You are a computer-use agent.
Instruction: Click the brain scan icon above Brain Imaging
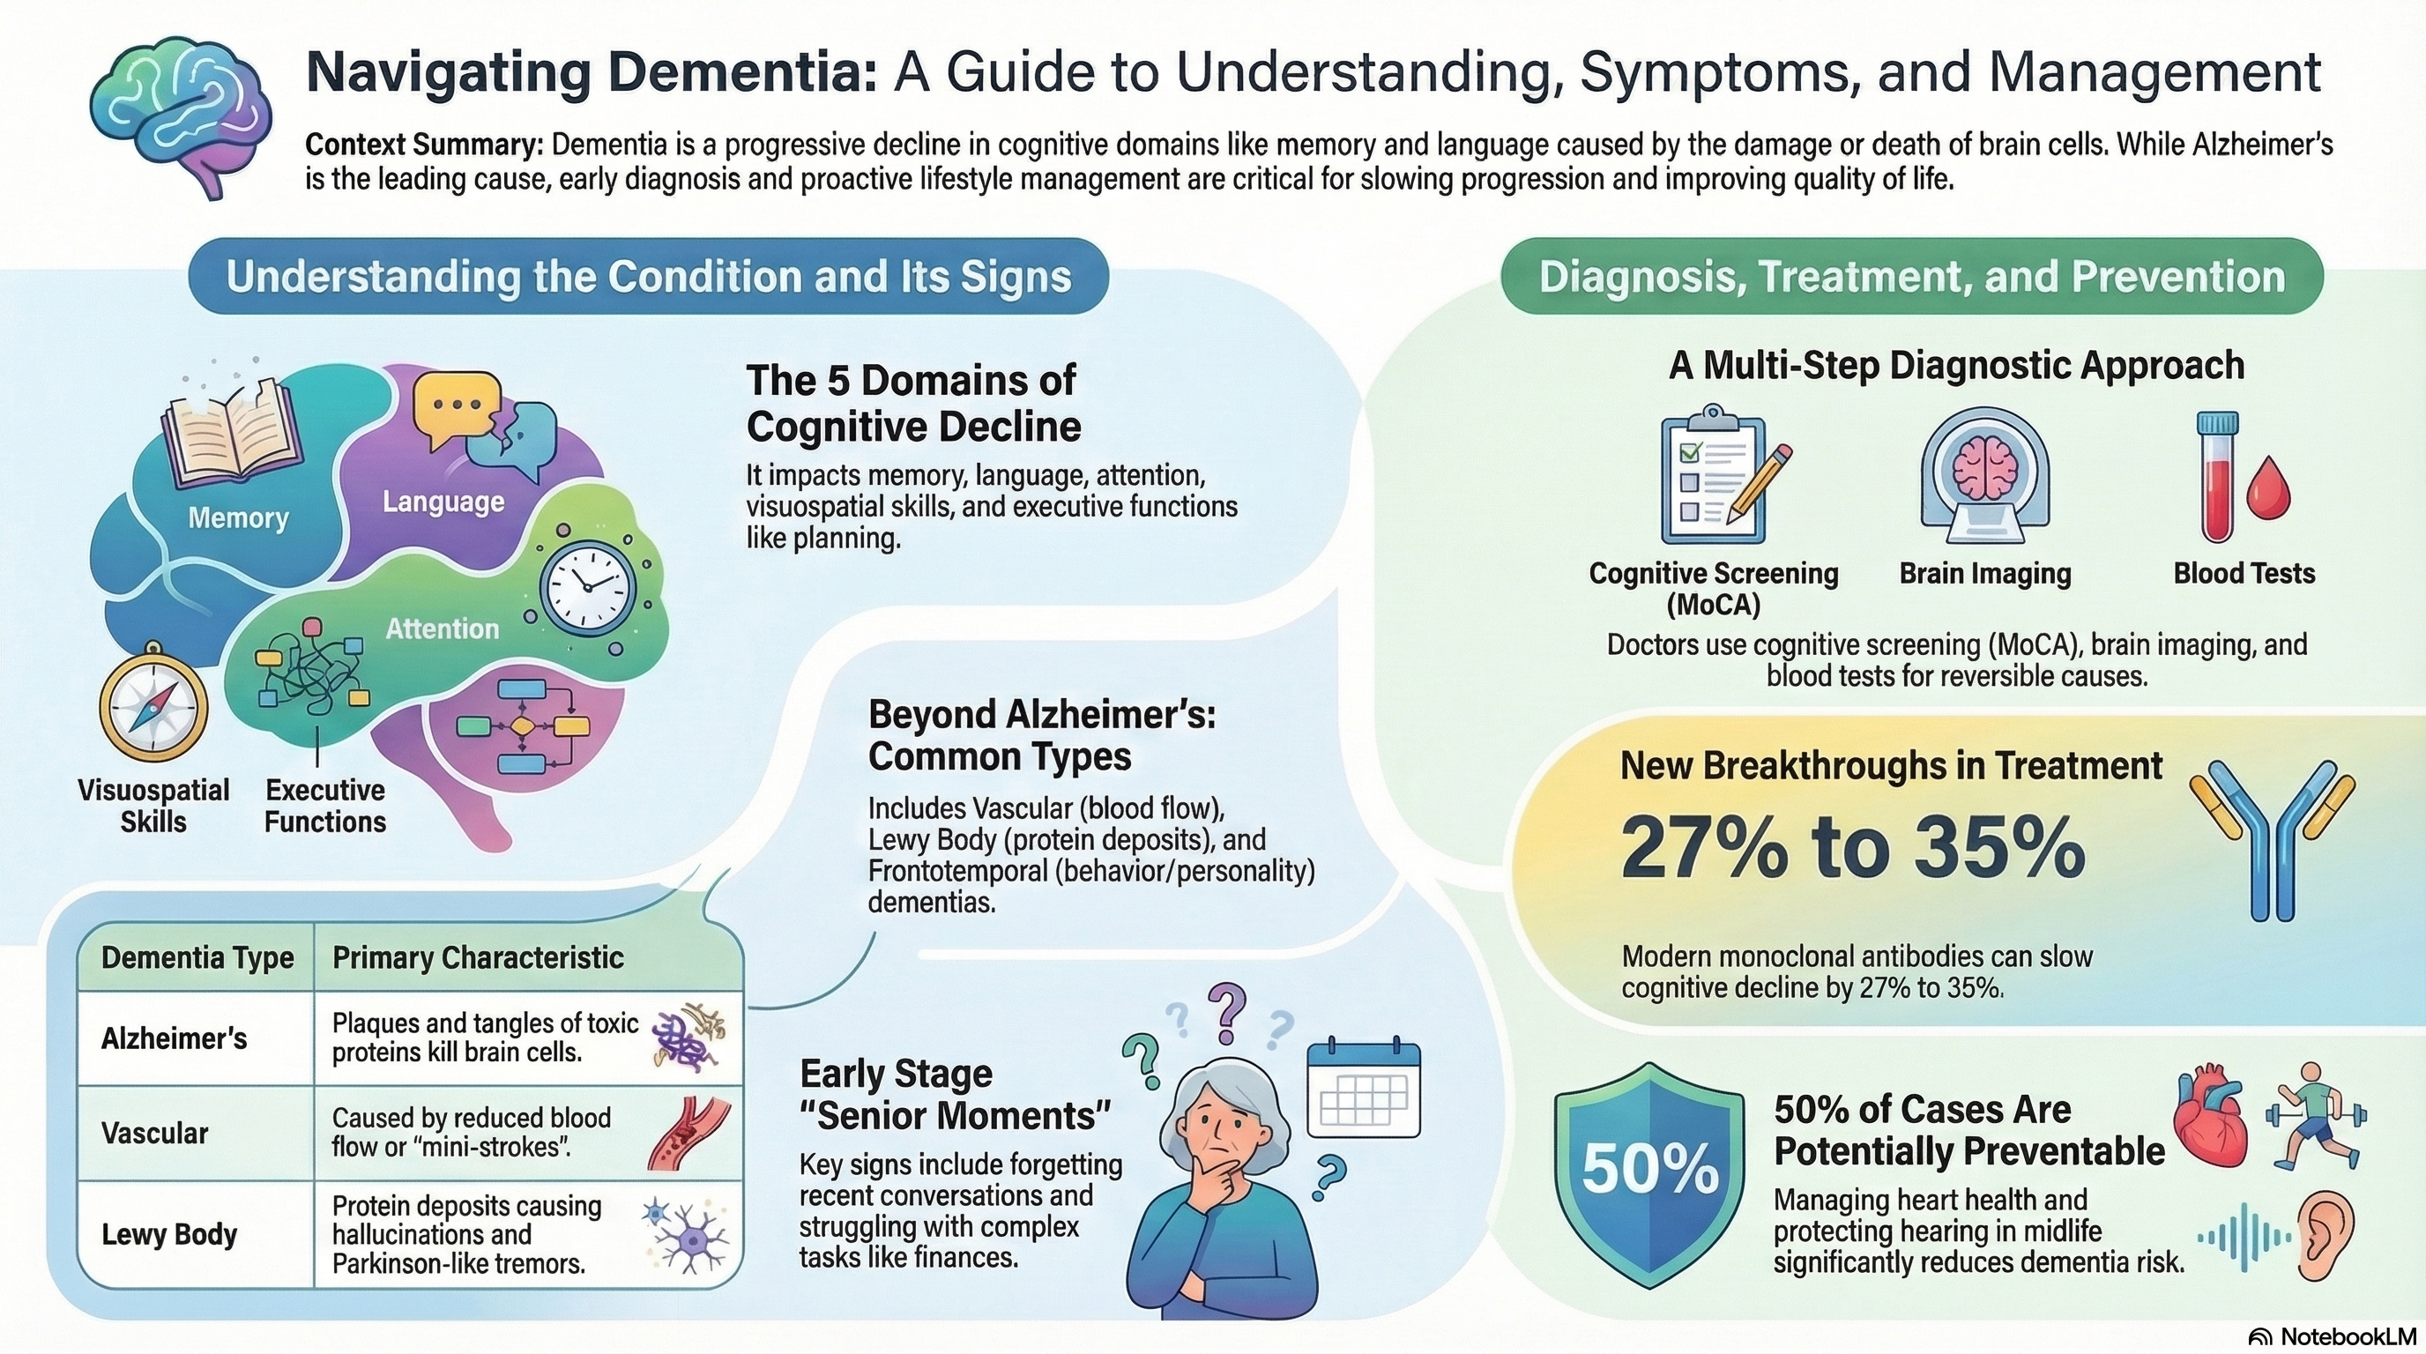click(1984, 476)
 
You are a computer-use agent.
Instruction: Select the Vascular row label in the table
click(154, 1133)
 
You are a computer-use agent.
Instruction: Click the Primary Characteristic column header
click(478, 957)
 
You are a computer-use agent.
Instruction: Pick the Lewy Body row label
click(169, 1233)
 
